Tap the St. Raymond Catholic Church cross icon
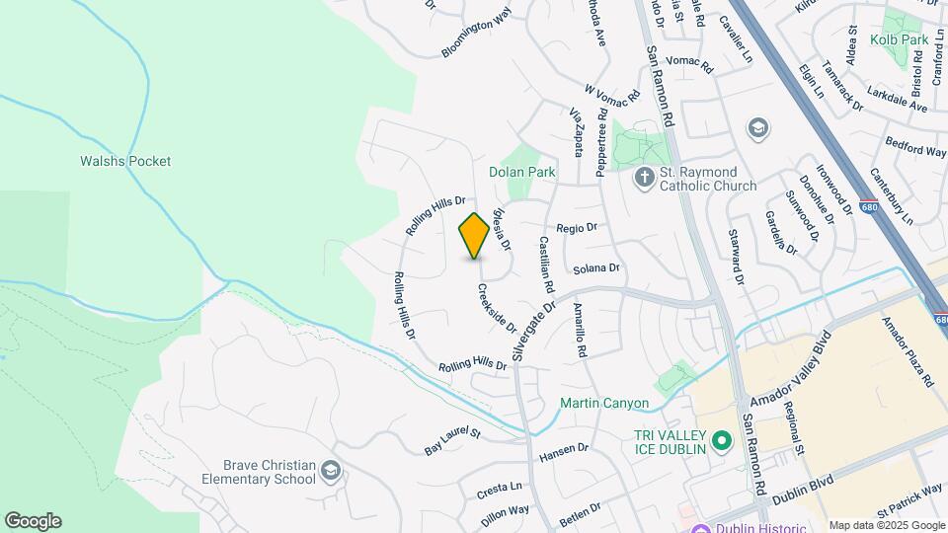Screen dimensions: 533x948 click(644, 179)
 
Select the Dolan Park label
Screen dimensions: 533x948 click(522, 172)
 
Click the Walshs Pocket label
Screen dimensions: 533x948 click(125, 161)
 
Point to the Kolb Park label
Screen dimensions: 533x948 click(899, 39)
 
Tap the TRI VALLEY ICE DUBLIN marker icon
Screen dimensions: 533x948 click(722, 441)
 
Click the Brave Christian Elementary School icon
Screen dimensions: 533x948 click(330, 472)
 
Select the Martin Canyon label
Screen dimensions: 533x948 click(603, 403)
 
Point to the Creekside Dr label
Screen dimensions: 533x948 click(497, 307)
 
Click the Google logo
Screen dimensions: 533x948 click(33, 520)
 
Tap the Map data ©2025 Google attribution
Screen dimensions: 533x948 click(886, 525)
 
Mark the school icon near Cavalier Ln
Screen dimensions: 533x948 click(757, 127)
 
